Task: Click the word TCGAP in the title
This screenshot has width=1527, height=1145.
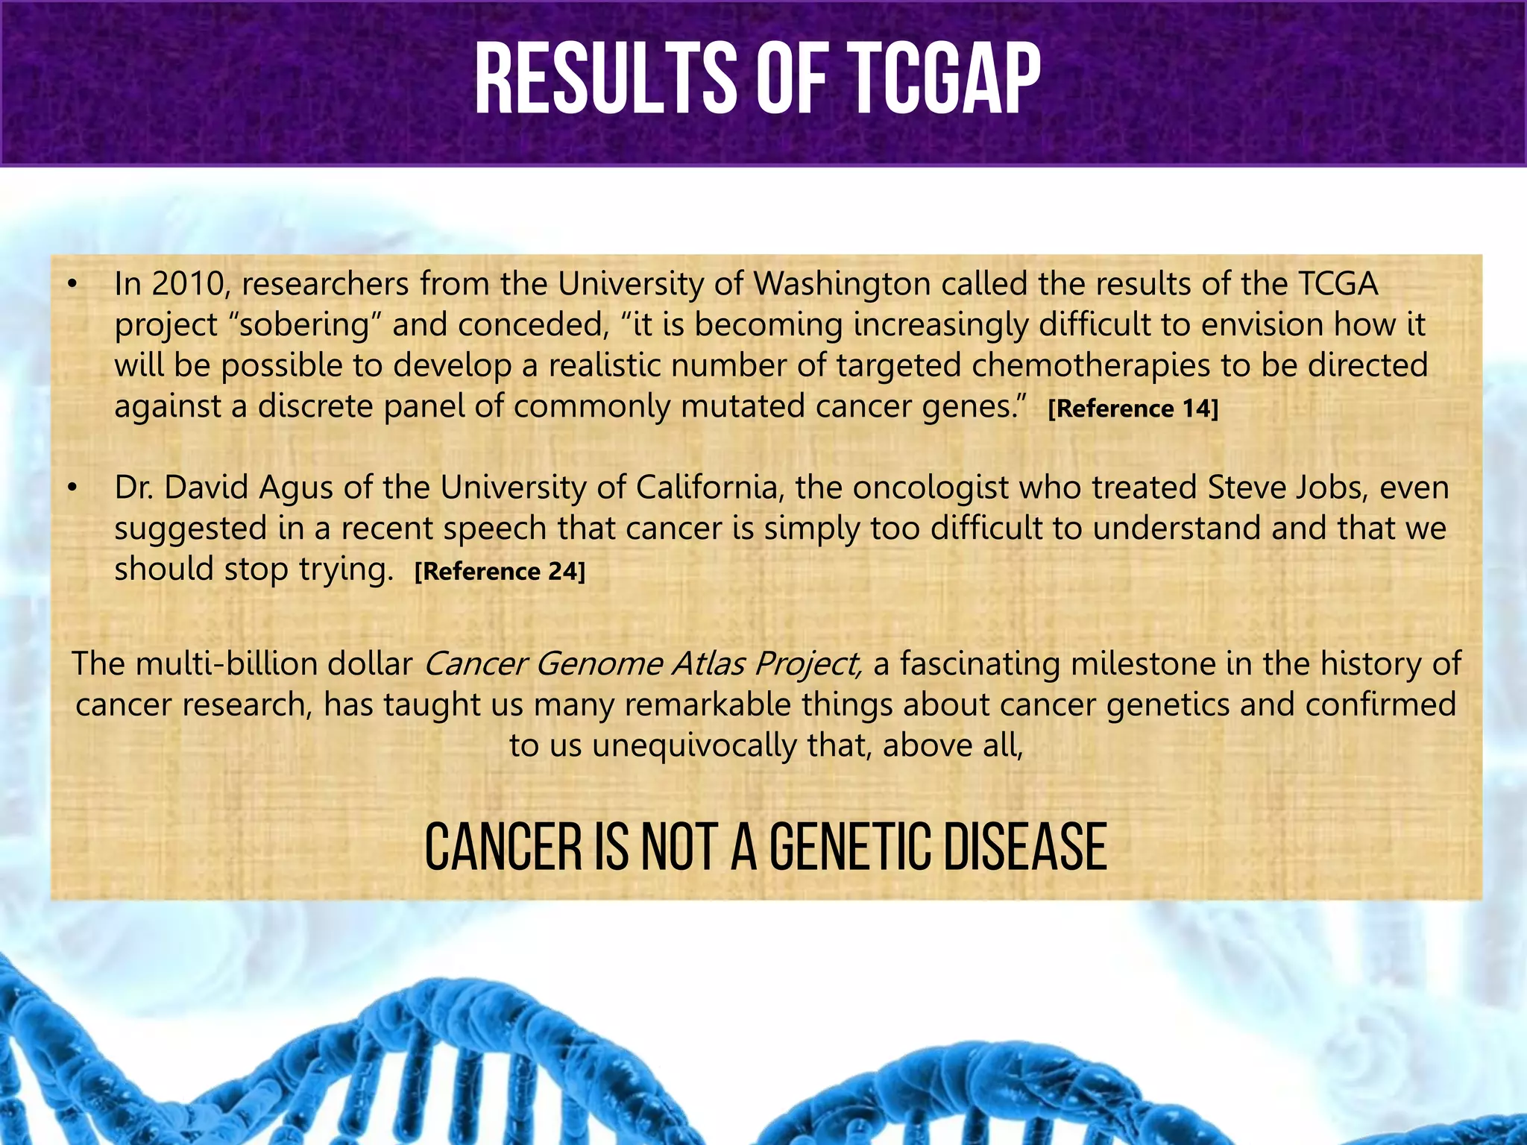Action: pyautogui.click(x=944, y=79)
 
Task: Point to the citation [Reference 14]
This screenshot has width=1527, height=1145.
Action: pyautogui.click(x=1133, y=409)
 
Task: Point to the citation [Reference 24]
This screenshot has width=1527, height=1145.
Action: pyautogui.click(x=500, y=572)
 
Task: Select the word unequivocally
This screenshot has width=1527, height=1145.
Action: pyautogui.click(x=694, y=746)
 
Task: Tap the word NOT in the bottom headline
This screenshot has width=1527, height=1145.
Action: pyautogui.click(x=681, y=848)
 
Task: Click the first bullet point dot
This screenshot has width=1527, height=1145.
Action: pyautogui.click(x=72, y=285)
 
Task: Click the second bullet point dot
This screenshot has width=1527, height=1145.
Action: pyautogui.click(x=72, y=489)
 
